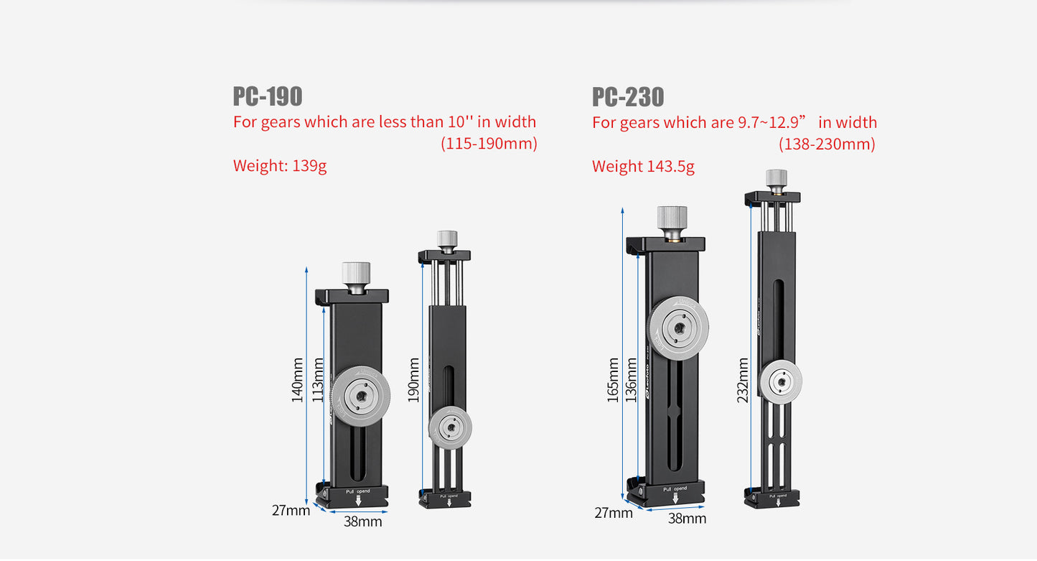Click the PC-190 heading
(x=267, y=96)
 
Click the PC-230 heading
(x=628, y=96)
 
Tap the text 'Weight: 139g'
(x=280, y=166)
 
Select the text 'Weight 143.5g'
(x=643, y=167)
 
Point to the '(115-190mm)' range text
(x=488, y=144)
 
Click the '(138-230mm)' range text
(x=827, y=144)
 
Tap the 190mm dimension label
(x=413, y=380)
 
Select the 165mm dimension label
(x=613, y=380)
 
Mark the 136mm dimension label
(x=632, y=380)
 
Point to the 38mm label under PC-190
(x=362, y=521)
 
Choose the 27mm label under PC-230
(x=614, y=513)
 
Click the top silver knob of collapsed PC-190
(x=355, y=274)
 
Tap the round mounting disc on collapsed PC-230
(x=678, y=328)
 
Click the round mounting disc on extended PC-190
(x=450, y=428)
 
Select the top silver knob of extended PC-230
(x=776, y=178)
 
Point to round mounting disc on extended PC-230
(x=780, y=381)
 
